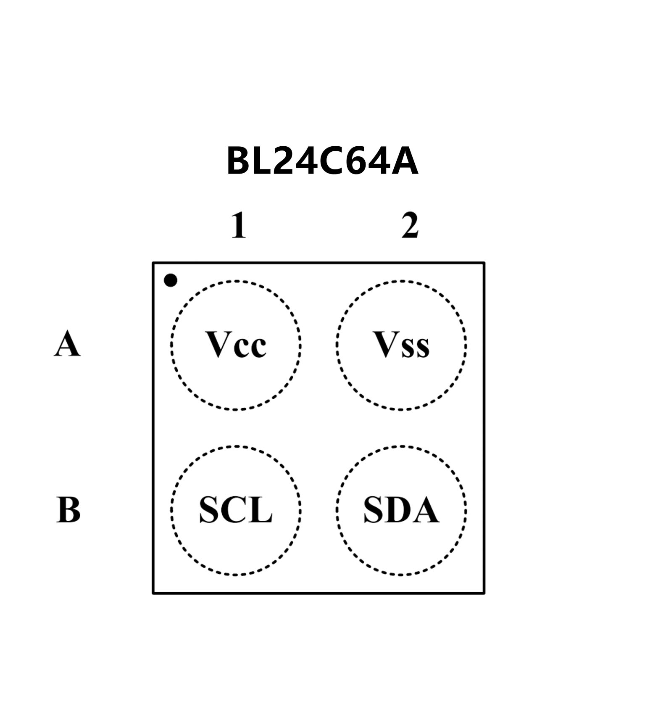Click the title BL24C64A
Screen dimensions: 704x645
click(x=322, y=161)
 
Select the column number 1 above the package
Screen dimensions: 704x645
click(x=239, y=226)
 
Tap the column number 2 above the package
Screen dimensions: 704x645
click(x=410, y=226)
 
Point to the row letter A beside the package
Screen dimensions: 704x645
click(x=67, y=344)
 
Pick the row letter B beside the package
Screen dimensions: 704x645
click(x=68, y=510)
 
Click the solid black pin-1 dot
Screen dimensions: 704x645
click(x=170, y=280)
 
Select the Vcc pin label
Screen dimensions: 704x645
click(x=236, y=345)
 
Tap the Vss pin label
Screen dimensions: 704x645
click(x=401, y=345)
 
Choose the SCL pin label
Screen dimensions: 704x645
click(x=236, y=510)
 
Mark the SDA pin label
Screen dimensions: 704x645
click(x=401, y=510)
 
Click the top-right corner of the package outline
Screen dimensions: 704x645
click(x=484, y=264)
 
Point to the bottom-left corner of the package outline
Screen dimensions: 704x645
click(x=153, y=593)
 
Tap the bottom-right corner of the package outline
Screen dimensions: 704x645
click(x=484, y=593)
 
